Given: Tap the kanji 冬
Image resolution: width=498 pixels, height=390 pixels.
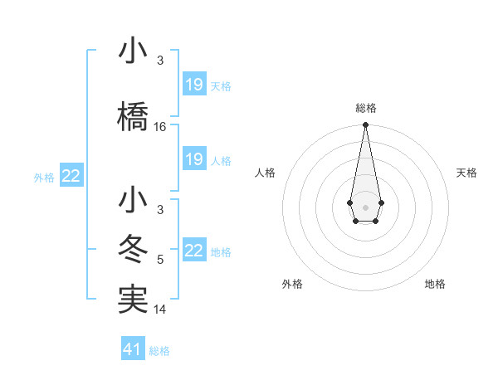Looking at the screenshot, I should tap(134, 250).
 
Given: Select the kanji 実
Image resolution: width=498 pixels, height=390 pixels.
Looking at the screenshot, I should tap(134, 299).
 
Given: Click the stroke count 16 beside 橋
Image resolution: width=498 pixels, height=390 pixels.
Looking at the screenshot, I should tap(160, 127).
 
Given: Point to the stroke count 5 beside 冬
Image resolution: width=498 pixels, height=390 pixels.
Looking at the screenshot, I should tap(160, 261).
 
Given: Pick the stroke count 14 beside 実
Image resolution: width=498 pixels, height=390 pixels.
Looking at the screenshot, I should tap(160, 310).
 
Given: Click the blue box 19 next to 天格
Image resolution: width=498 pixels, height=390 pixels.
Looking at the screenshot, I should tap(194, 85).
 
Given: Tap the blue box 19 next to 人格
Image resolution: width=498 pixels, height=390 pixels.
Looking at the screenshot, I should tap(194, 159).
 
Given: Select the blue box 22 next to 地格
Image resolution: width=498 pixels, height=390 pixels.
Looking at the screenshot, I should tap(194, 251).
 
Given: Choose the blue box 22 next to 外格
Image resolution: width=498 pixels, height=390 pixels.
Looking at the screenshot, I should tap(71, 176).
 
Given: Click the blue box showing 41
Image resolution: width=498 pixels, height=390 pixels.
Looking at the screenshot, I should tap(133, 349).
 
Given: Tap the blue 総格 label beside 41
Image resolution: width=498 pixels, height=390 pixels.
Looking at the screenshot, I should tap(159, 351).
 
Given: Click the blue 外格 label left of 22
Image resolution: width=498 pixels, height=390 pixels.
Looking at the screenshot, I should tap(44, 177).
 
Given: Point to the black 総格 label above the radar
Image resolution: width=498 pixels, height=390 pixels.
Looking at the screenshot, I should tap(365, 108).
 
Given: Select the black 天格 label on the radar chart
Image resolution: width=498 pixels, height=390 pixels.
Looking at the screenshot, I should tap(466, 173).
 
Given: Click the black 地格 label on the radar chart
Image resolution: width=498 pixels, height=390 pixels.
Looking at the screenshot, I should tap(435, 284).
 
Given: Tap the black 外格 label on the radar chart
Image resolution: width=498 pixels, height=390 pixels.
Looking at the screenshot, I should tap(292, 284).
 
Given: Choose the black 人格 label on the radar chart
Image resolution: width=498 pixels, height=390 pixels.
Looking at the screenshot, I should tap(265, 173).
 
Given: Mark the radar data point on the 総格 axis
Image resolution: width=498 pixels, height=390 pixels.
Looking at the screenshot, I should tap(365, 125).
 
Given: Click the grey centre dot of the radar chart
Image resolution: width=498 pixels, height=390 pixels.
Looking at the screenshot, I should tap(365, 206).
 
